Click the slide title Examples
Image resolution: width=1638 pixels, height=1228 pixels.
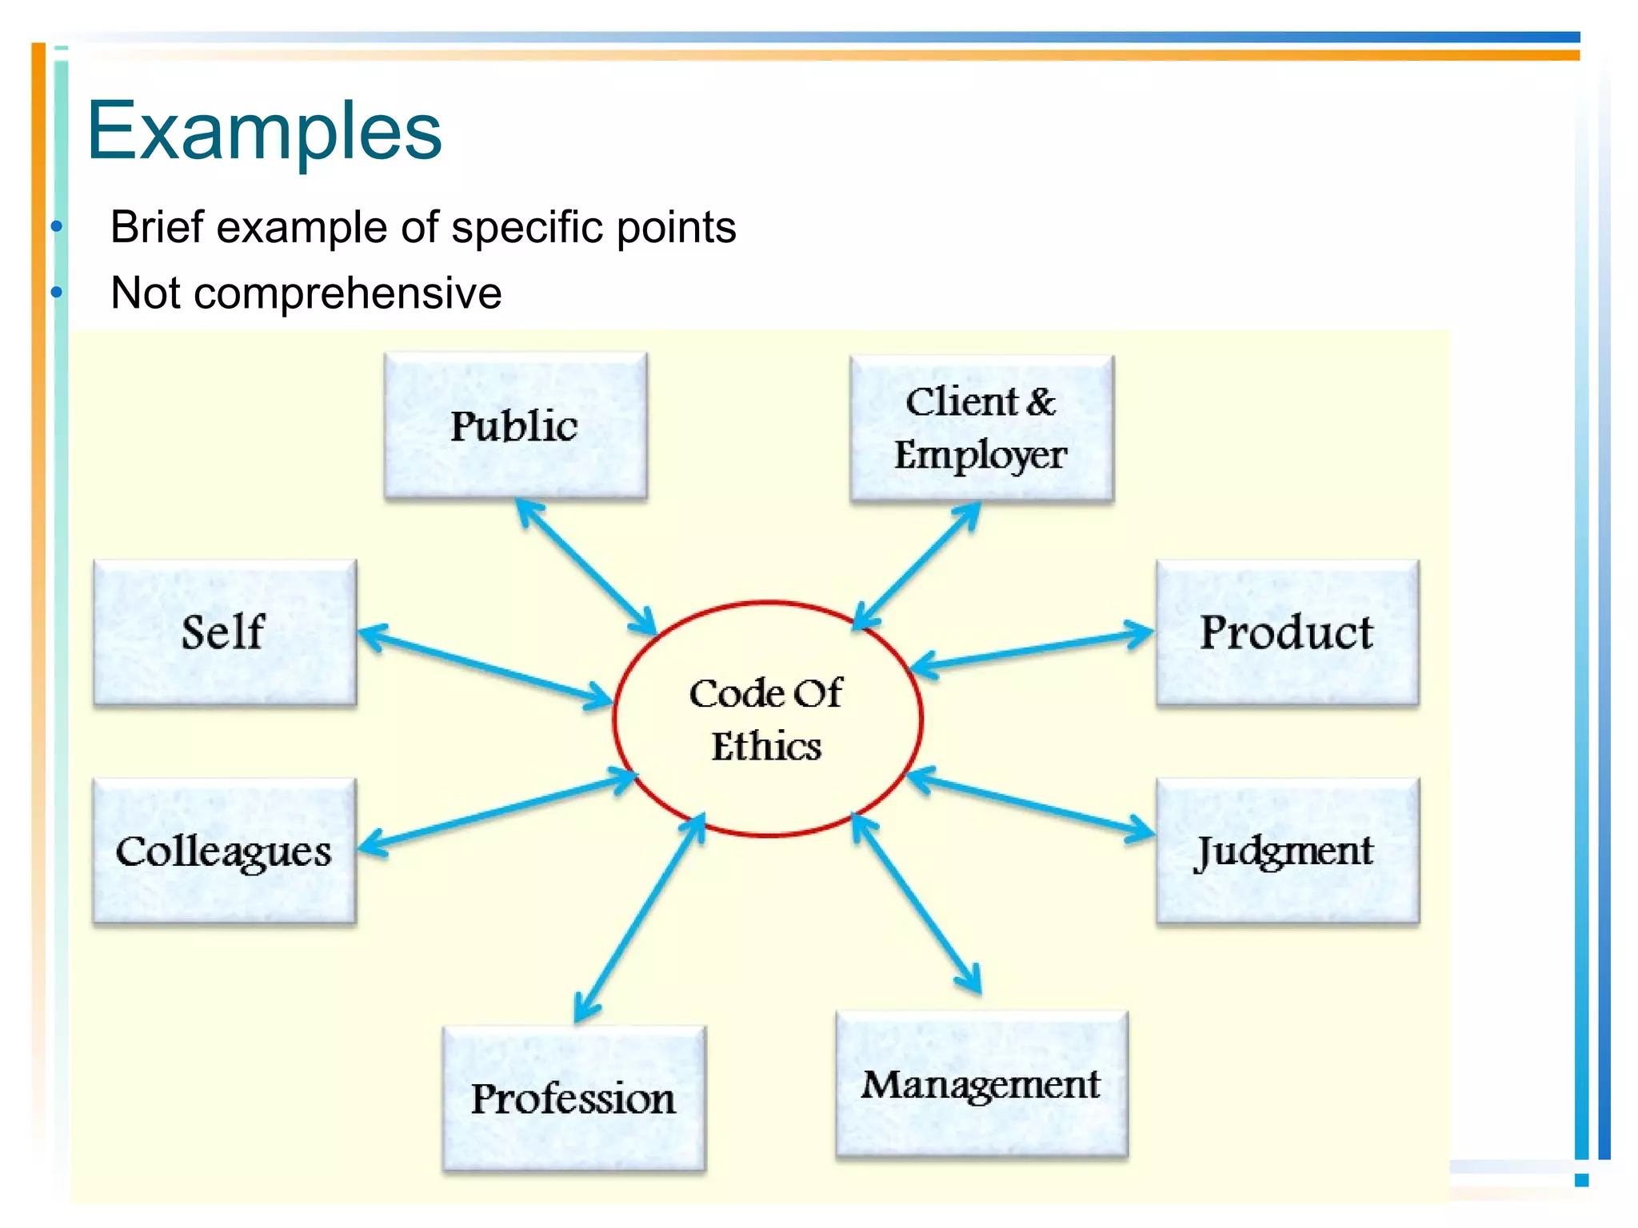(x=264, y=130)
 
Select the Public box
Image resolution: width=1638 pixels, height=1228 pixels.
(x=515, y=426)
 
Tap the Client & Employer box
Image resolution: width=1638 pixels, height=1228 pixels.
(x=981, y=429)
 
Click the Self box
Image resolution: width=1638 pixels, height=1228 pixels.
(x=224, y=632)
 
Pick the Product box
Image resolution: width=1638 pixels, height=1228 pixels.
(x=1287, y=632)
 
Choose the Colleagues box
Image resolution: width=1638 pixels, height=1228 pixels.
(x=224, y=851)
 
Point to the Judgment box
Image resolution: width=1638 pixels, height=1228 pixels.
(x=1287, y=851)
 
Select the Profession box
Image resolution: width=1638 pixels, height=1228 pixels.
(x=573, y=1098)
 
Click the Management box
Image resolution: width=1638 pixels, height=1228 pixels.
(x=981, y=1085)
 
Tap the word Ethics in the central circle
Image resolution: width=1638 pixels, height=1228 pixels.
(x=766, y=747)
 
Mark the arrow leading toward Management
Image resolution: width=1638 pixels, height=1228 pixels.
(x=917, y=903)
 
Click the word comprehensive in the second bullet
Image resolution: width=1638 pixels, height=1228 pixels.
(x=347, y=293)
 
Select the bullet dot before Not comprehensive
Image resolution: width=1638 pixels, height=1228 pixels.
(x=56, y=293)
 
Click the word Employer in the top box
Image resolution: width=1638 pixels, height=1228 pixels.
(x=981, y=456)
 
